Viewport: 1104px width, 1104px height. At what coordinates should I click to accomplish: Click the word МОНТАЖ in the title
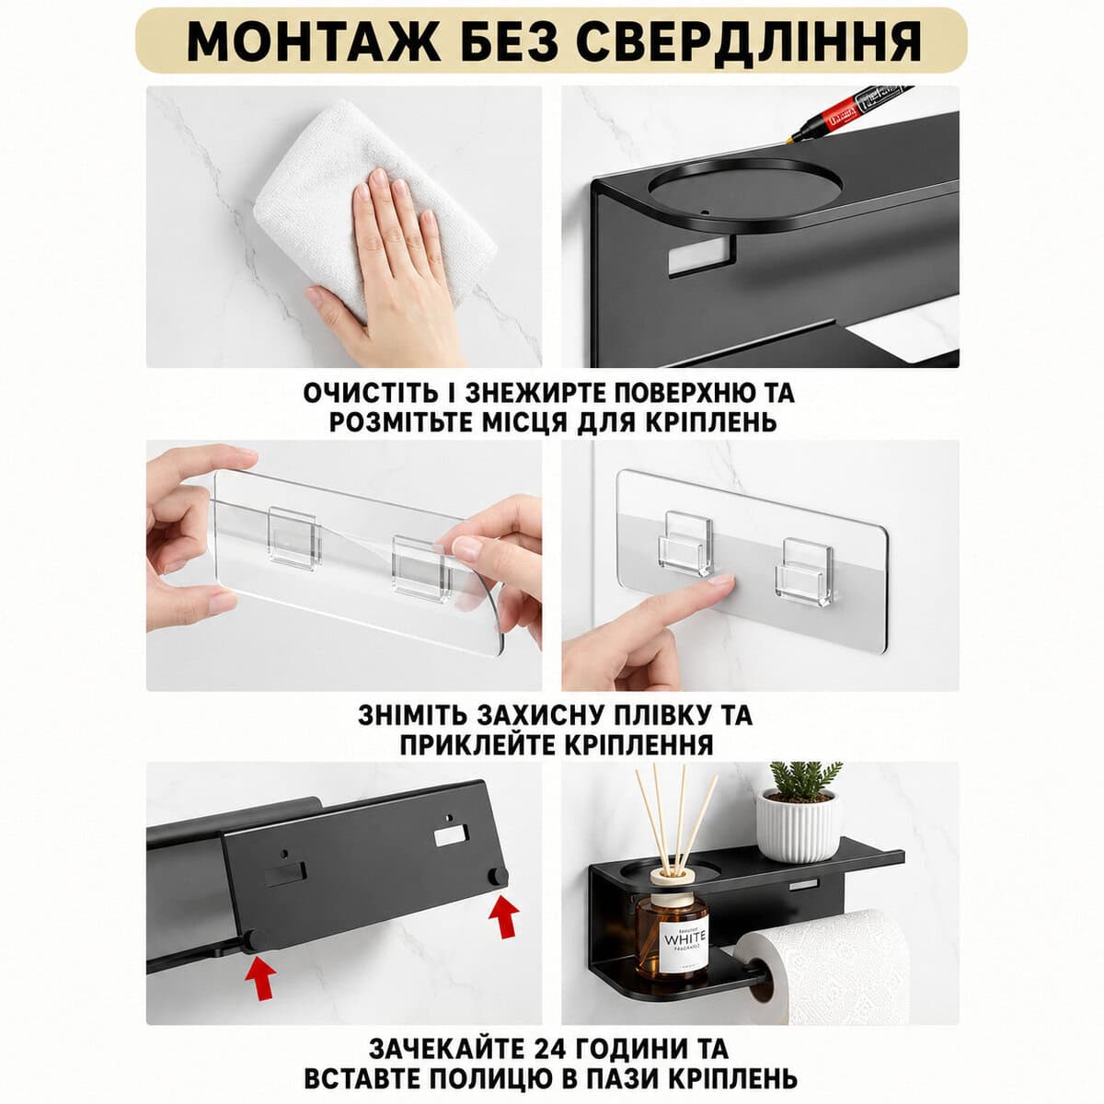coord(314,41)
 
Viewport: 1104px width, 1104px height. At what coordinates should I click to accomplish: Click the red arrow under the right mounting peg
coord(503,916)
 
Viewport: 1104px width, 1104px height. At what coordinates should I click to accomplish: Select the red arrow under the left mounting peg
coord(260,979)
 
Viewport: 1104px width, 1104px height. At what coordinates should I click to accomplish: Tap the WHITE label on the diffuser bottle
coord(685,942)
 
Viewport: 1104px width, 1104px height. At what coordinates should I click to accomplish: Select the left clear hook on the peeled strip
coord(293,538)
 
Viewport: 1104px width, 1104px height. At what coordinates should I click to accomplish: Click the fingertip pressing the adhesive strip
coord(719,582)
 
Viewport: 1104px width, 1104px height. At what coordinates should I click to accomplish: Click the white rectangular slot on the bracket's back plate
coord(697,256)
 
